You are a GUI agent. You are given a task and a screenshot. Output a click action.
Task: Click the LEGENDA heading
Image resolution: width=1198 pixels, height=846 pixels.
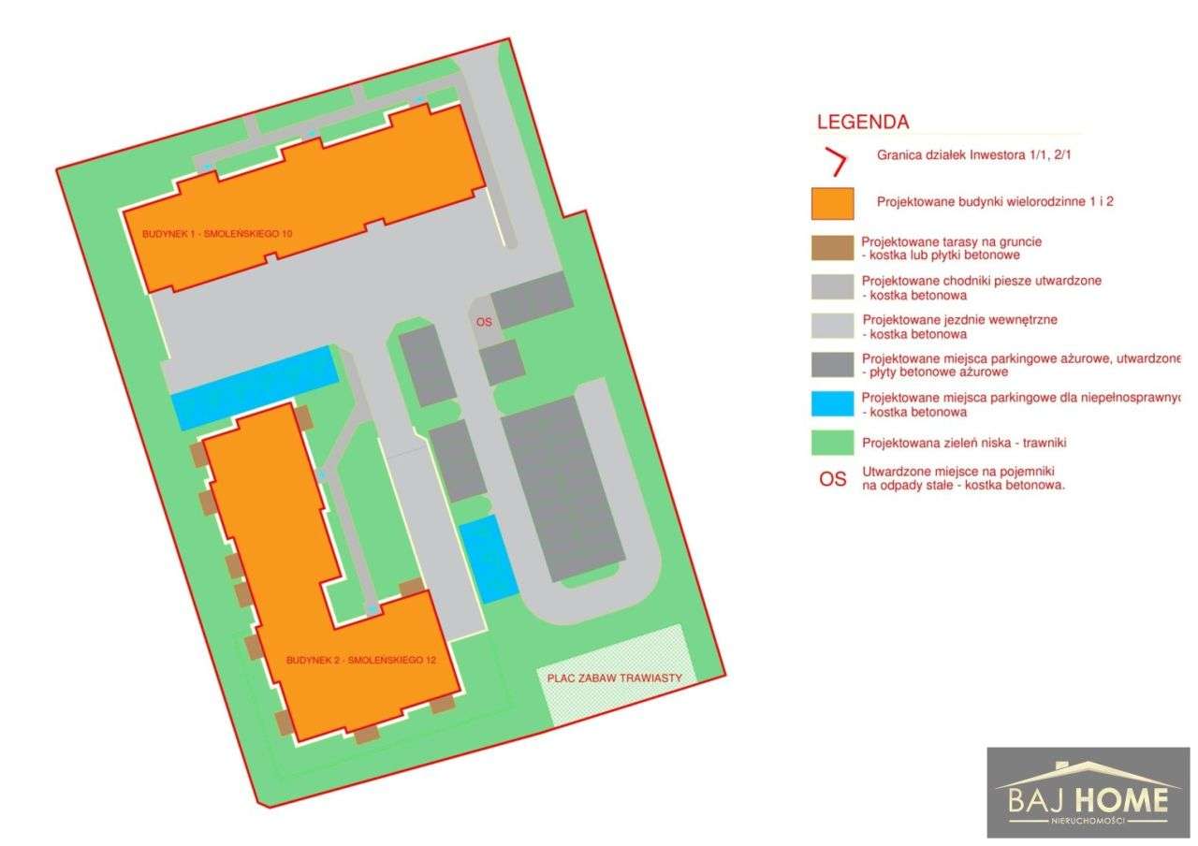(x=862, y=122)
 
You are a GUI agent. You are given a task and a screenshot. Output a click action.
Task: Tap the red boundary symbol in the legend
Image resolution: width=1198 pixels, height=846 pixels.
(x=835, y=163)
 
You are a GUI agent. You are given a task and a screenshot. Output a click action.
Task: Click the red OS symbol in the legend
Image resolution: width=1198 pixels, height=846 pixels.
(x=832, y=479)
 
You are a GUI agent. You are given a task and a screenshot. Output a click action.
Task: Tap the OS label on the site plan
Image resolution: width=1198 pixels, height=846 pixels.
(x=483, y=321)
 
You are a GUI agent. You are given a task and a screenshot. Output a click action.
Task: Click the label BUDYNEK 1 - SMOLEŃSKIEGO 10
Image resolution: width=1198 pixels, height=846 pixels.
(x=217, y=233)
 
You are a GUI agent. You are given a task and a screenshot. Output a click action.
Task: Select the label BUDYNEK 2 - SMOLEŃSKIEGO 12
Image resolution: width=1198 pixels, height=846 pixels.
(x=361, y=660)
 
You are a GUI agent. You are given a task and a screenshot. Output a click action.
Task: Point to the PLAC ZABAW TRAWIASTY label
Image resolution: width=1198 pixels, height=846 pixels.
(x=614, y=678)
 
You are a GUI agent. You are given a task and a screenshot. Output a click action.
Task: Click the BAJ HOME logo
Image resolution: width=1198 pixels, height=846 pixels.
(x=1088, y=792)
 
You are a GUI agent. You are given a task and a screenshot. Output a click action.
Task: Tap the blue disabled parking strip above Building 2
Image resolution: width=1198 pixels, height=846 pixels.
(x=253, y=387)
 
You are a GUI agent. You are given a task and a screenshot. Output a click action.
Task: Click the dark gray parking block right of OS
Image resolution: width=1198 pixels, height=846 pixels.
(x=532, y=299)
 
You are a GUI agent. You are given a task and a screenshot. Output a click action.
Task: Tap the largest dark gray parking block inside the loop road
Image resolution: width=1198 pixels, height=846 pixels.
(x=563, y=487)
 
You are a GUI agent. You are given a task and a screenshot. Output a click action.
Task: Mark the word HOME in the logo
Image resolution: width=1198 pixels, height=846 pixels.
(x=1121, y=800)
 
